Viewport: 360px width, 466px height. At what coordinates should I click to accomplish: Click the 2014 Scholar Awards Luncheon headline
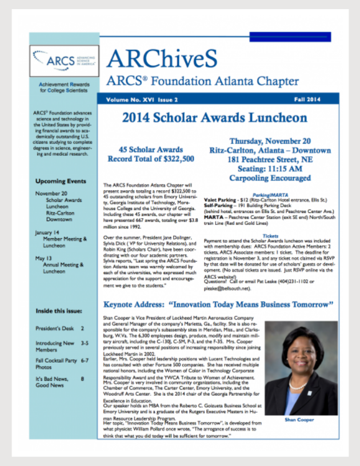(x=214, y=118)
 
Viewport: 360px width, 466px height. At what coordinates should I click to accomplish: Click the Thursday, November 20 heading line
(x=270, y=141)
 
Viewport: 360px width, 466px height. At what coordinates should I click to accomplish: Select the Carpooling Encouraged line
(x=270, y=178)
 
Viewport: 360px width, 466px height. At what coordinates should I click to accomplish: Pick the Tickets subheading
(x=270, y=235)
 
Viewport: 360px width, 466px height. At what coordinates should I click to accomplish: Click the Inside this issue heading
(x=59, y=311)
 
